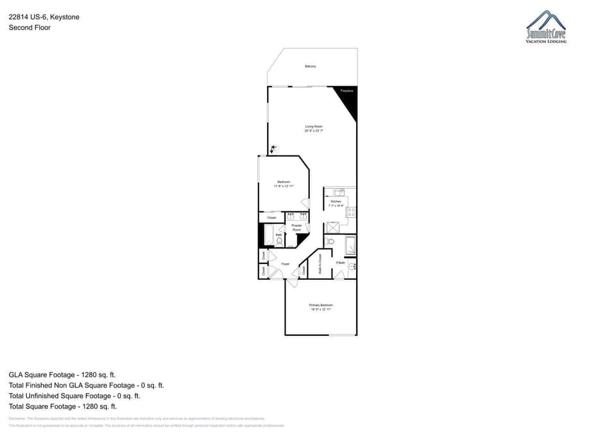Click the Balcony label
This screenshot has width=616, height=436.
click(x=311, y=66)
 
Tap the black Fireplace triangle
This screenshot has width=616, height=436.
click(x=347, y=99)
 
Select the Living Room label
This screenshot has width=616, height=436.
click(x=314, y=128)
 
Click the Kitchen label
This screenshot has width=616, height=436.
click(x=336, y=203)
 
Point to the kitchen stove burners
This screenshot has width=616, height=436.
click(x=351, y=211)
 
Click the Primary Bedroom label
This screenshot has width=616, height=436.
click(x=321, y=306)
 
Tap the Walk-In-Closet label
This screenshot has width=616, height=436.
click(x=320, y=265)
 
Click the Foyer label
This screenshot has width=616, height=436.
click(x=286, y=264)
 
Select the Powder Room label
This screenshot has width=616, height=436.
click(x=296, y=227)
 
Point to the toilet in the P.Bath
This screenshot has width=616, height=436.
click(x=330, y=241)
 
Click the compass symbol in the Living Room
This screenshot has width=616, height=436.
click(x=274, y=149)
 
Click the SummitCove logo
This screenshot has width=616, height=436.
click(x=546, y=28)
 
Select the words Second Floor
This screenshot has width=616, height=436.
click(x=30, y=28)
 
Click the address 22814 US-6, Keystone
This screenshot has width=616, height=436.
click(x=44, y=17)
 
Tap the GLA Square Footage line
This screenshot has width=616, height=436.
click(x=62, y=374)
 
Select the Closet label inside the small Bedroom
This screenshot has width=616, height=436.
click(x=271, y=218)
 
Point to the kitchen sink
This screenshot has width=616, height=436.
click(x=338, y=191)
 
